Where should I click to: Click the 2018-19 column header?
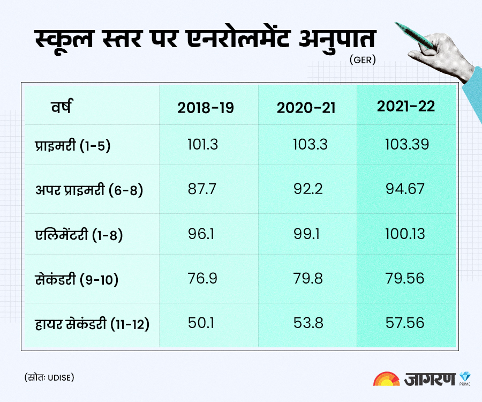point(206,107)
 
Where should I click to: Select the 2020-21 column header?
point(306,107)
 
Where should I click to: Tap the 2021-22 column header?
point(405,106)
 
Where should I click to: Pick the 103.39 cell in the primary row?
point(406,145)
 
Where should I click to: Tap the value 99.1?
point(307,234)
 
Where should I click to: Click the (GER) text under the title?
point(363,60)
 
